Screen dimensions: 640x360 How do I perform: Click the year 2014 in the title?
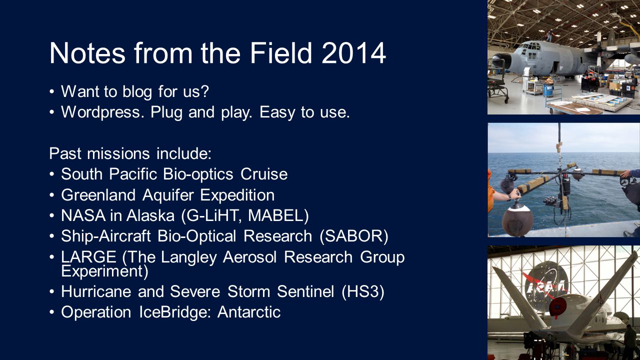click(x=353, y=53)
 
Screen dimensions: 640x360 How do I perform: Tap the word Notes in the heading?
click(x=87, y=53)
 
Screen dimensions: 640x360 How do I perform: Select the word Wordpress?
click(x=102, y=112)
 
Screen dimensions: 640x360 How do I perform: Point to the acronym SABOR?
click(x=354, y=236)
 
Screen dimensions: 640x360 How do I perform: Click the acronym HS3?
click(x=363, y=291)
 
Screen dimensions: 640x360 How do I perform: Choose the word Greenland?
click(x=98, y=195)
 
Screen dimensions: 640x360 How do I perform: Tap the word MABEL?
click(x=278, y=215)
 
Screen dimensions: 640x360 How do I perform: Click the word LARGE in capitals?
click(x=88, y=257)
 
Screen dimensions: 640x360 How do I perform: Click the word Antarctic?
click(x=249, y=312)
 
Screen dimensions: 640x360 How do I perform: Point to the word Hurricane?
click(x=96, y=291)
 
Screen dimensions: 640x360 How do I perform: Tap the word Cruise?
click(x=264, y=174)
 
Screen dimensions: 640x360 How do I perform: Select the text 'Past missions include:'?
click(x=130, y=153)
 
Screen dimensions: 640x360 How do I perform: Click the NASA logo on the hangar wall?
click(x=545, y=283)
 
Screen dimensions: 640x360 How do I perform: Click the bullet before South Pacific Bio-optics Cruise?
click(x=51, y=174)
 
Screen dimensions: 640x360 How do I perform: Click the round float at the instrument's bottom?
click(x=517, y=219)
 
